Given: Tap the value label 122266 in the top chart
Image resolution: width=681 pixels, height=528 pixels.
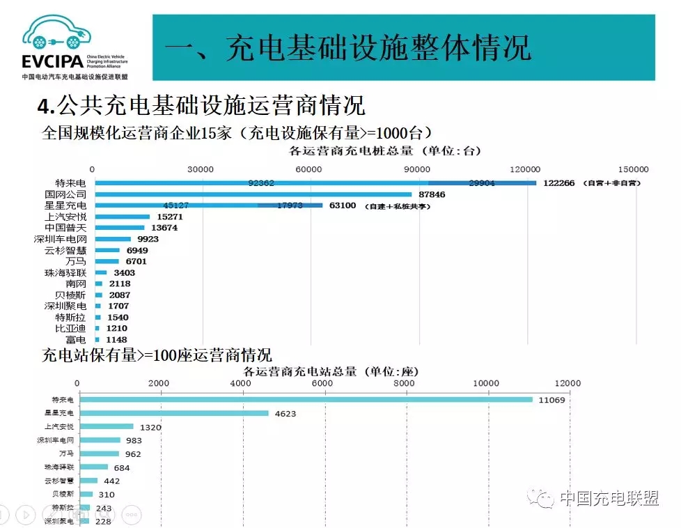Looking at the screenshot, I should [558, 183].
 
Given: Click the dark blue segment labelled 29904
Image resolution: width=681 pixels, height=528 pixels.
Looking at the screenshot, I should [482, 183].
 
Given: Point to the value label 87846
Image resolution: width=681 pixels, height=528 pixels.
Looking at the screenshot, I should [431, 194].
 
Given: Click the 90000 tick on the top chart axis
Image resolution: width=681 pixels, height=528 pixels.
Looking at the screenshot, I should [418, 169].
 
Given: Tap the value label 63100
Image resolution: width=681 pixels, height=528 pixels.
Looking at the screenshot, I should [342, 205].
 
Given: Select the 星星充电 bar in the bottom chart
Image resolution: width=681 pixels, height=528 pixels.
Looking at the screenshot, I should [174, 413].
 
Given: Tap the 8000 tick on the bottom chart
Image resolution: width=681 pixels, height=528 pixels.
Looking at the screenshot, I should [404, 383].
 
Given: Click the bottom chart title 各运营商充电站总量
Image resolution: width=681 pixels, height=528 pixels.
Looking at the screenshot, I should [318, 371].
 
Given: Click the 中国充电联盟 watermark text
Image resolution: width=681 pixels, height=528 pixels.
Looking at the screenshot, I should [608, 498].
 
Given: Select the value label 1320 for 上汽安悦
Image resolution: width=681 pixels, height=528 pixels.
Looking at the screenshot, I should [151, 427].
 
